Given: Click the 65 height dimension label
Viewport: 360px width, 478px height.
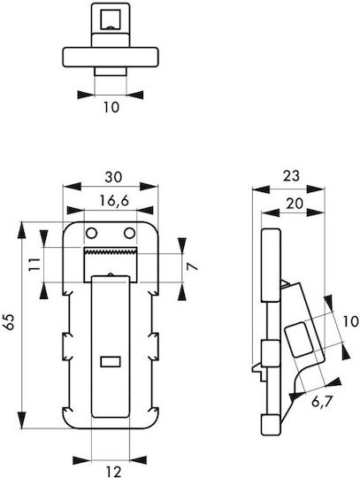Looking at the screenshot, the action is (x=9, y=321).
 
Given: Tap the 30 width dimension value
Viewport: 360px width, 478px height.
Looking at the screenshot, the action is (x=113, y=177).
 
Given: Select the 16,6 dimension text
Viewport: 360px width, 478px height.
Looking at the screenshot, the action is (x=114, y=201).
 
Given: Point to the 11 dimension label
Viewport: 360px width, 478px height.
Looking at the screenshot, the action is (x=34, y=264).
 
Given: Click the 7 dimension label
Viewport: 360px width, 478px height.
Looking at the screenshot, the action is (x=193, y=266).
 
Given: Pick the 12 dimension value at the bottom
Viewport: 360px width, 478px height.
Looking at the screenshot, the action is (x=112, y=472).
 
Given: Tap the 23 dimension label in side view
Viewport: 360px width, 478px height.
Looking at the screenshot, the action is (x=291, y=176).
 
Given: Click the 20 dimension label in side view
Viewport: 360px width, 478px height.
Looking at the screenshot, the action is (x=295, y=204).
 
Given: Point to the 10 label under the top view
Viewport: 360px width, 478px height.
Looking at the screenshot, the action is (x=111, y=107).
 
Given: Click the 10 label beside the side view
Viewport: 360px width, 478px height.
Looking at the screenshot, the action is (x=351, y=321).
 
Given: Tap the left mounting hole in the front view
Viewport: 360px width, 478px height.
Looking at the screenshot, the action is (x=91, y=234).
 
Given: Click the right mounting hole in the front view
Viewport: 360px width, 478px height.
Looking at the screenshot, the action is (x=129, y=234).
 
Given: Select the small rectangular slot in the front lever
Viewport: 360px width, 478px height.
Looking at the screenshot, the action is (x=111, y=361).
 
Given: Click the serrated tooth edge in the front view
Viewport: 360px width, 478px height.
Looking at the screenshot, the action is (x=111, y=251).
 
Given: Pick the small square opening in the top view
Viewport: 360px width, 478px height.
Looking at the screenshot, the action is (x=111, y=19).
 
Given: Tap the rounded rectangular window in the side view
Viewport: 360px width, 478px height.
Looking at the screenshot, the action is (x=299, y=340).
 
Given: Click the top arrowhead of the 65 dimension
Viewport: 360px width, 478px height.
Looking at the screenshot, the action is (x=21, y=231).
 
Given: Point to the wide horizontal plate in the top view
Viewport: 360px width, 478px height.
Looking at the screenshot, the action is (x=111, y=57).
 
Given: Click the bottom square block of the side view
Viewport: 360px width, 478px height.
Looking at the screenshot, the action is (x=271, y=425).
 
